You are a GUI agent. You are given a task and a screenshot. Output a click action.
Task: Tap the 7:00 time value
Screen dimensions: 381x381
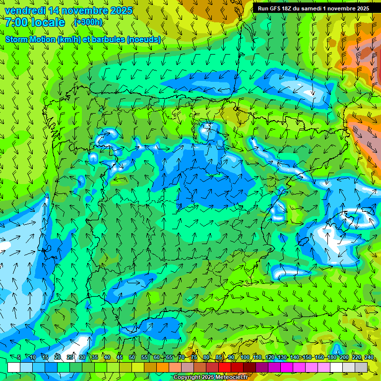16,22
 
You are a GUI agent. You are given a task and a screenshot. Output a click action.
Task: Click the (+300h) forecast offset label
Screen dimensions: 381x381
88,22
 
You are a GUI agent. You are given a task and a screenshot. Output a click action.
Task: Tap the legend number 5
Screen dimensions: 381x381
19,358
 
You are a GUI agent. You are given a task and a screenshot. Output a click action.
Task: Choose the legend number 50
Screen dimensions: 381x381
132,358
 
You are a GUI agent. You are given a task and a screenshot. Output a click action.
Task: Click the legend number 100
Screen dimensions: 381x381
245,358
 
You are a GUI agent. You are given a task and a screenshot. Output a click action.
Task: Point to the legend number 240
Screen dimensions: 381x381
369,358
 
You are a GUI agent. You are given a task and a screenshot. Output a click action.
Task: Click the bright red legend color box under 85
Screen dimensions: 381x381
225,367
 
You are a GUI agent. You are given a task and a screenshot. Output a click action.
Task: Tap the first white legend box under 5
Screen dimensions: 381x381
13,367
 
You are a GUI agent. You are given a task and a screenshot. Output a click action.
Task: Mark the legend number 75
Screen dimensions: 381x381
194,358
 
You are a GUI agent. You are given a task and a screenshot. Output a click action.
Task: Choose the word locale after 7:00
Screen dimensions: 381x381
48,22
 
